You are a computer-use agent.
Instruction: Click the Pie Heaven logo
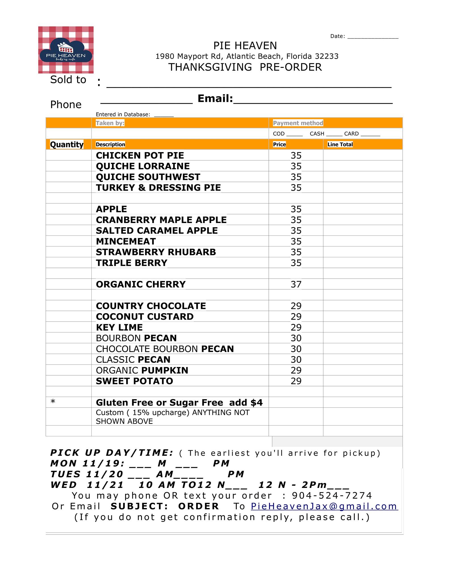(x=66, y=50)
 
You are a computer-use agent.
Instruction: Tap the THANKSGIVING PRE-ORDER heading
(x=245, y=67)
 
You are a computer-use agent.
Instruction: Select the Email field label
(x=215, y=98)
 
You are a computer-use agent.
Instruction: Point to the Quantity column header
(x=67, y=144)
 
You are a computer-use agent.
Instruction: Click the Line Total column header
(x=340, y=144)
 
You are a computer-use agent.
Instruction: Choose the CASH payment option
(x=317, y=134)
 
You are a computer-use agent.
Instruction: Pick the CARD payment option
(x=351, y=134)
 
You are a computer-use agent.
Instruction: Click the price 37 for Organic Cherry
(x=296, y=284)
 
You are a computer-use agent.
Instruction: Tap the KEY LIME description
(x=119, y=327)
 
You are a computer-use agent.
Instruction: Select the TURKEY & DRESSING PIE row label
(x=158, y=188)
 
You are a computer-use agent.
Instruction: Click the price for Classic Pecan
(x=296, y=359)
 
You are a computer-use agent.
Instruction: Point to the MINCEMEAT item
(x=126, y=241)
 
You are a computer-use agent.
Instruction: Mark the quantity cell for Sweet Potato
(x=68, y=381)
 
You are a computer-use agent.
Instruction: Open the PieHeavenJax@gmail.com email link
(x=324, y=506)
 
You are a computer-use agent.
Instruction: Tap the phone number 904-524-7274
(x=332, y=496)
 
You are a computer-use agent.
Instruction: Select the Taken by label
(x=110, y=123)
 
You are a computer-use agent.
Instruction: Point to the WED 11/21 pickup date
(x=87, y=485)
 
